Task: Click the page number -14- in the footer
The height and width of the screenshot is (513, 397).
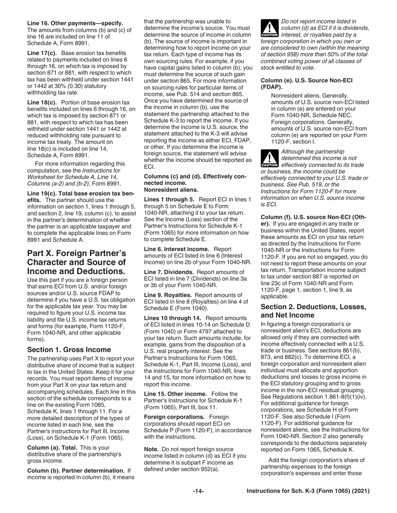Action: (198, 491)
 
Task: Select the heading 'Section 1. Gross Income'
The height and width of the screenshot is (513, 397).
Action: (69, 350)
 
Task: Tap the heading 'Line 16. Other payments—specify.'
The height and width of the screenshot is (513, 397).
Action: (75, 23)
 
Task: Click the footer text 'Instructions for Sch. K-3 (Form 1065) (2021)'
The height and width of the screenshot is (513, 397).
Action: (308, 491)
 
